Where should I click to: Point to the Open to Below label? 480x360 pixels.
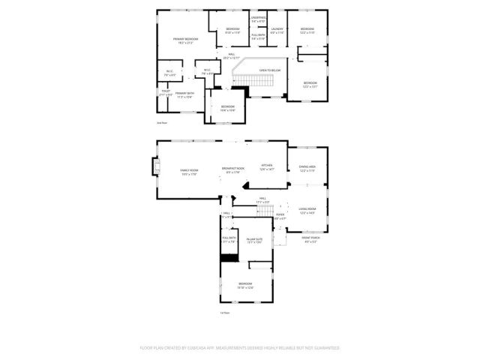pos(269,70)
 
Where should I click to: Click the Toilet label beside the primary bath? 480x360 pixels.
pos(166,93)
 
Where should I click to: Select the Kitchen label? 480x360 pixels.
pos(267,166)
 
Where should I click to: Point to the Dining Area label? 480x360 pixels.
pos(307,168)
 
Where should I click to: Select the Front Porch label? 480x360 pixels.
pos(310,239)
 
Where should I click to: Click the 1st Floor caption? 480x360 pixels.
pos(224,313)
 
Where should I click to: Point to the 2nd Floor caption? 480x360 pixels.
pos(160,122)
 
